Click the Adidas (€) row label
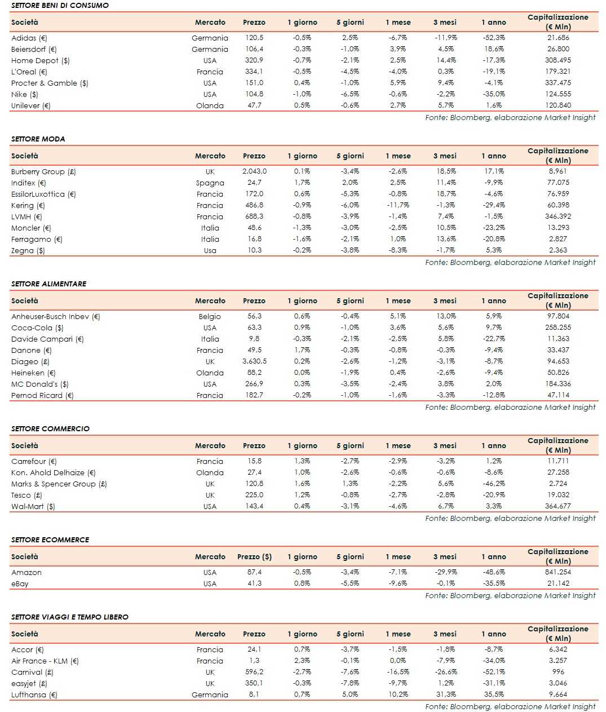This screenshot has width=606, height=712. click(x=29, y=38)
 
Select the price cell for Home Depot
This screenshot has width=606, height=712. click(x=254, y=60)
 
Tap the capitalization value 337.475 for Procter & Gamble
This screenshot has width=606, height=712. click(x=558, y=83)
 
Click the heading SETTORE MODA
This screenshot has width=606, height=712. click(x=38, y=139)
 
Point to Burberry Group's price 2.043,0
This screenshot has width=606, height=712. click(x=254, y=171)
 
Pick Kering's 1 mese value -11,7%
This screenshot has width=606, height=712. click(x=398, y=205)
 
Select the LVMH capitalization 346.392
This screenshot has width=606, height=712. click(x=558, y=216)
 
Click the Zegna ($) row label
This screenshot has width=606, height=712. click(x=28, y=250)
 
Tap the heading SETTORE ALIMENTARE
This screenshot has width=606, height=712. click(x=49, y=284)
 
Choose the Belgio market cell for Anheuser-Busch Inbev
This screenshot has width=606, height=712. click(x=210, y=317)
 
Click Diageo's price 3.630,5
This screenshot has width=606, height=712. click(x=254, y=361)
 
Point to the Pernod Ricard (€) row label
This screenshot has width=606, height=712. click(x=42, y=395)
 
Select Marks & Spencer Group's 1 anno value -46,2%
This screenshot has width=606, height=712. click(x=494, y=484)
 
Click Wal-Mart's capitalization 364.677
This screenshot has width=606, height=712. click(x=558, y=506)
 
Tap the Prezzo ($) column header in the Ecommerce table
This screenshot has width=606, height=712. click(x=254, y=556)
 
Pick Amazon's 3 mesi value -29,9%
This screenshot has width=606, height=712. click(x=446, y=572)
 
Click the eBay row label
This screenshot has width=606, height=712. click(x=20, y=583)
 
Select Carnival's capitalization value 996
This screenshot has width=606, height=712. click(x=558, y=672)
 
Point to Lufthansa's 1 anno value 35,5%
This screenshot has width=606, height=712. click(x=494, y=695)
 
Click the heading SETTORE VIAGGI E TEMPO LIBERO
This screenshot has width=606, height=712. click(x=70, y=617)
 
